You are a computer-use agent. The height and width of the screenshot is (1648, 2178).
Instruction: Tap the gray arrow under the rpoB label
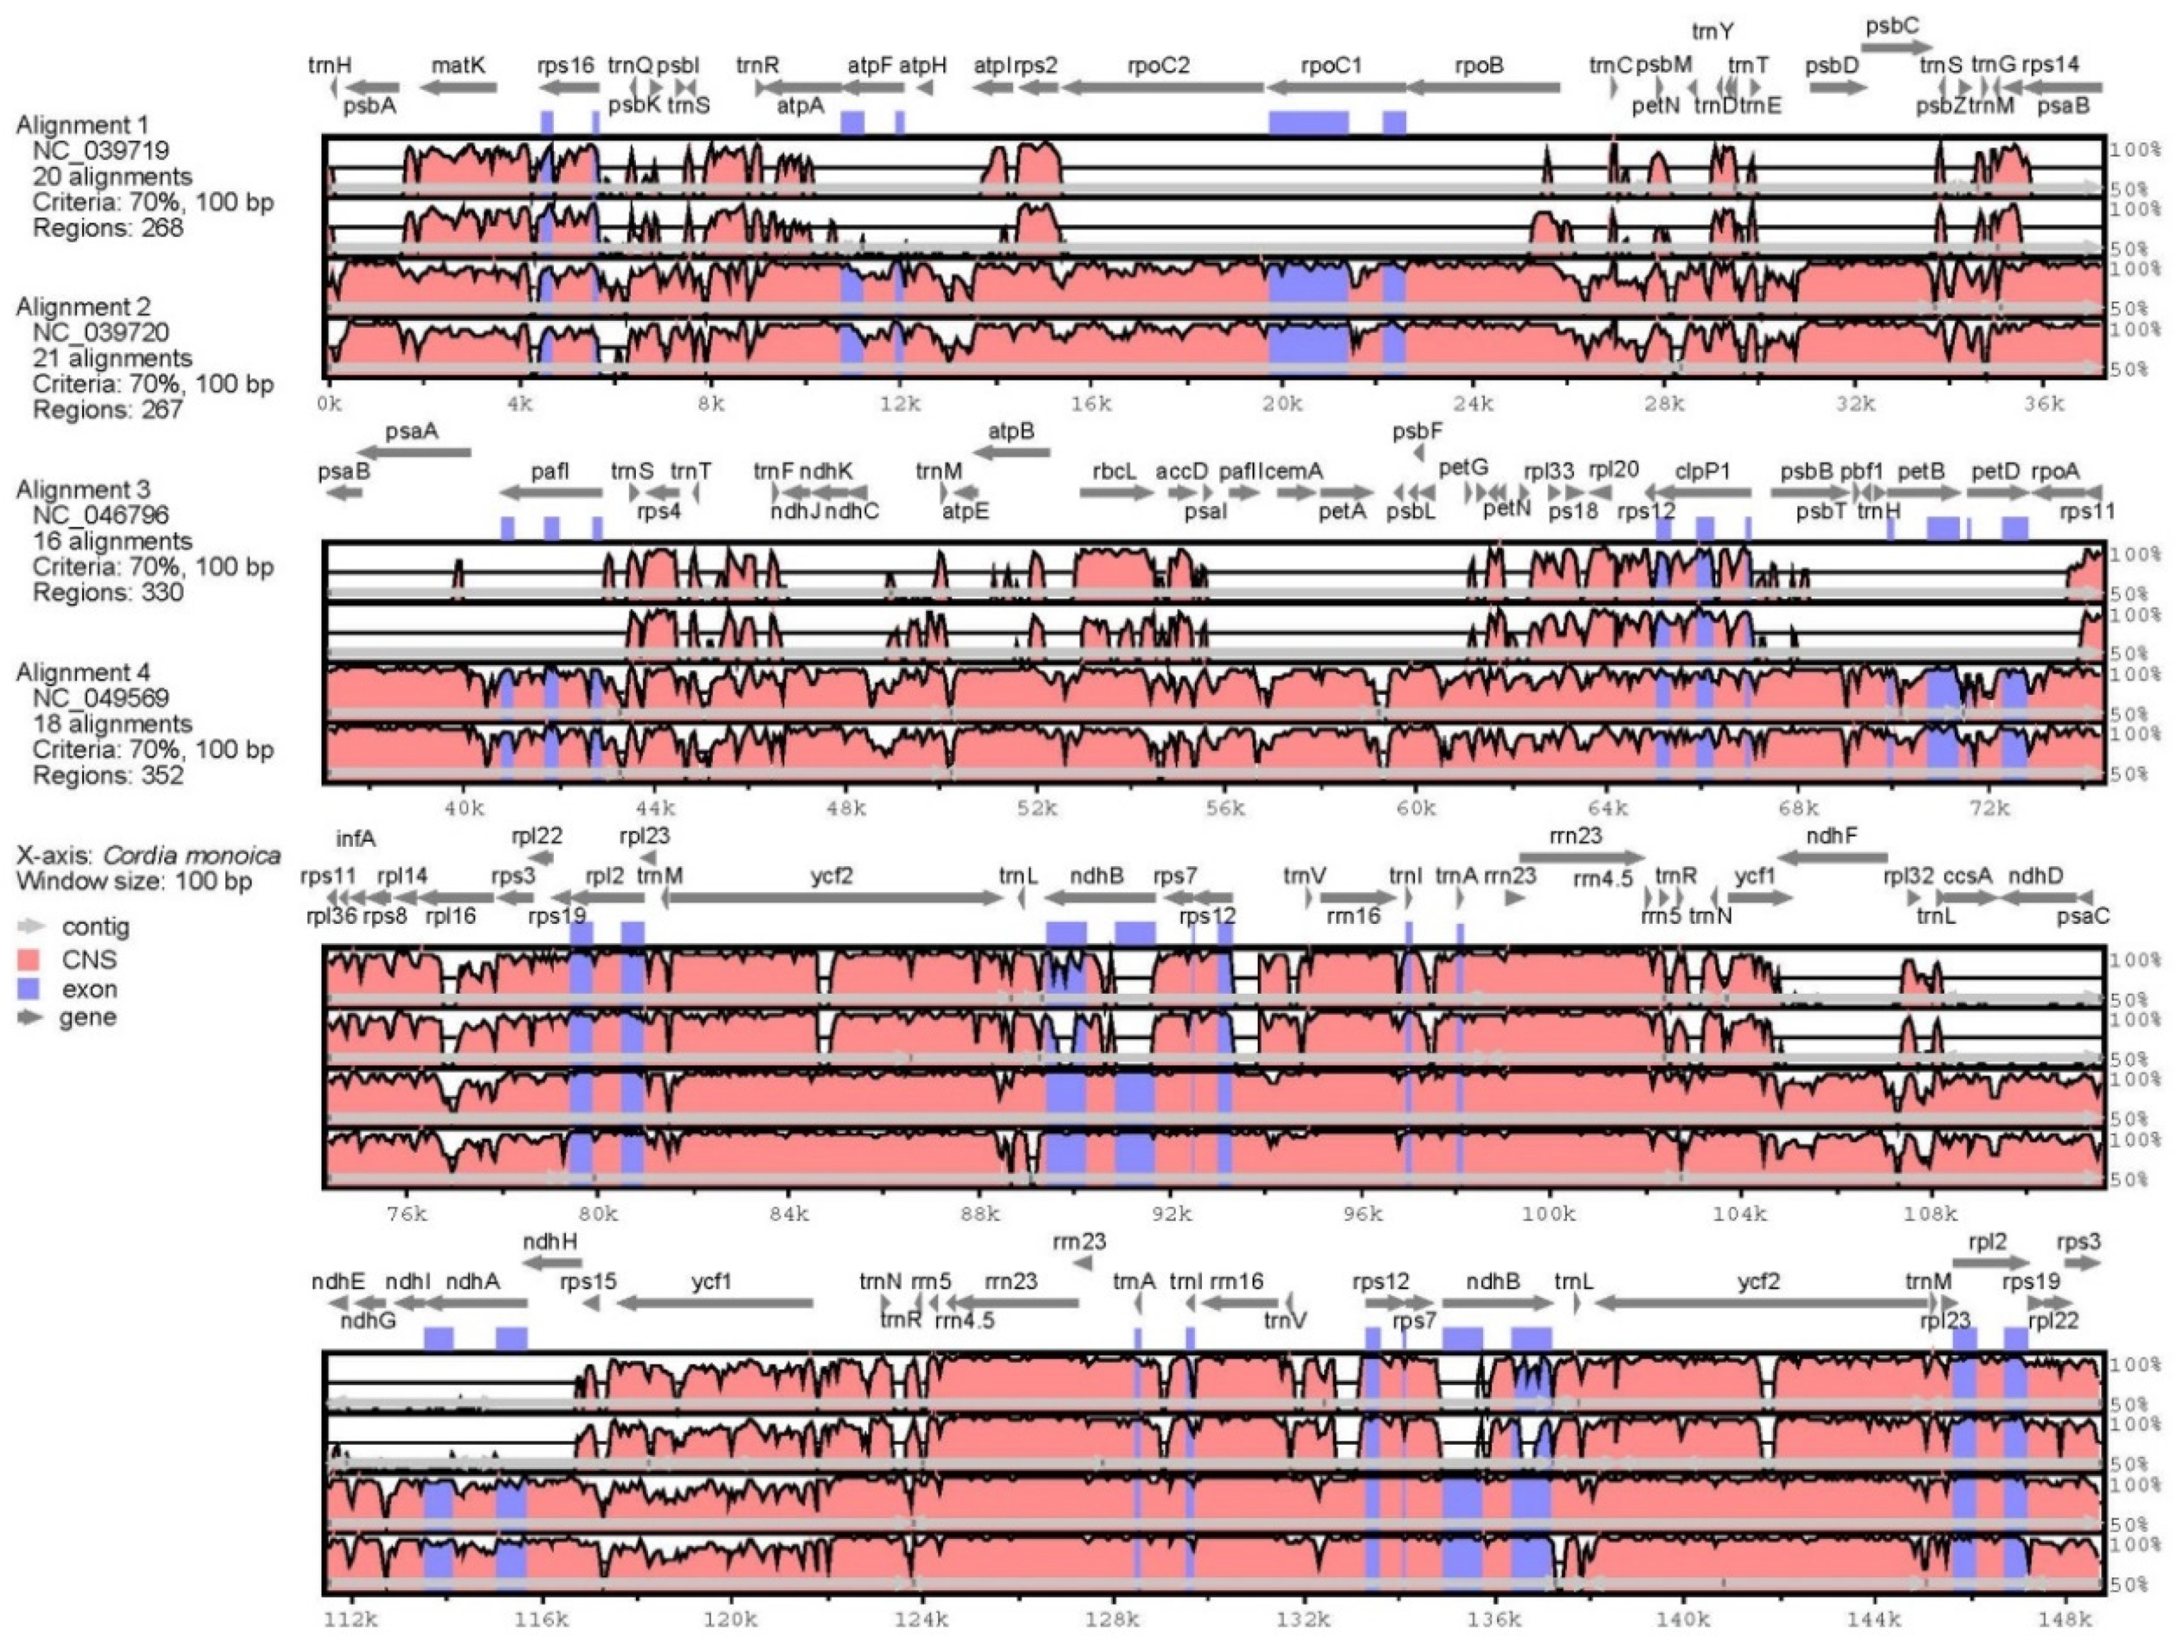(x=1483, y=88)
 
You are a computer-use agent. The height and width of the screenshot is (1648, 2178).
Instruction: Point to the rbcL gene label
(x=1114, y=470)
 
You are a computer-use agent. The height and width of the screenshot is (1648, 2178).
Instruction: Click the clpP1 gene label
(x=1702, y=470)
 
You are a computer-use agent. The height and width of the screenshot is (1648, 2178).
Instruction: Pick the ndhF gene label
(x=1832, y=836)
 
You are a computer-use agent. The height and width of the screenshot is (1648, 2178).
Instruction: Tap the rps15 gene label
(x=588, y=1282)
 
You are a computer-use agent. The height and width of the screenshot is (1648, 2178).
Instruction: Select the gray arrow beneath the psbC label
(x=1896, y=46)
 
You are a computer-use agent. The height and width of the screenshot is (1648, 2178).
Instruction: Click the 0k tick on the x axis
(x=329, y=403)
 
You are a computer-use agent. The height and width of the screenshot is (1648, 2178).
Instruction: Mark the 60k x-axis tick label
(x=1416, y=808)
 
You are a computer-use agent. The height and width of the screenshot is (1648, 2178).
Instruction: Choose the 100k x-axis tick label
(x=1548, y=1214)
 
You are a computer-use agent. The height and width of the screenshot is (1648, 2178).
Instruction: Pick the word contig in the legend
(x=96, y=927)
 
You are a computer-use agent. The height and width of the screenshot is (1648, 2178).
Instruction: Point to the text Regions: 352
(x=108, y=775)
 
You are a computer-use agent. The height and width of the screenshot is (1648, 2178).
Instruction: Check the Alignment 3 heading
(x=83, y=489)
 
